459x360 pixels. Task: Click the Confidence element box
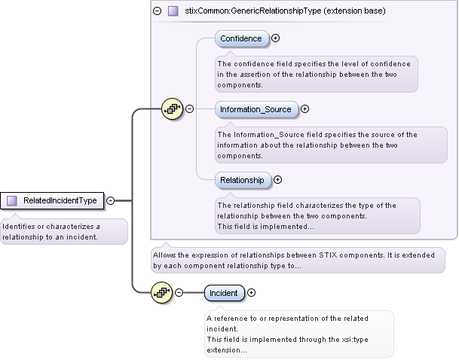[241, 38]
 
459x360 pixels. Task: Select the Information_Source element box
[256, 109]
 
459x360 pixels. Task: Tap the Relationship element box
[242, 180]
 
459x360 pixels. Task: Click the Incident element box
[223, 293]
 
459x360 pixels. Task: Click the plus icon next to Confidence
[276, 38]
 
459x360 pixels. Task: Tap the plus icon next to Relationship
[277, 180]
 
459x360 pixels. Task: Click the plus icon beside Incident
[252, 293]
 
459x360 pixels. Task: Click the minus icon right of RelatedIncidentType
[111, 200]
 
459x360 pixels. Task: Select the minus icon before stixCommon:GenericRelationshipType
[157, 11]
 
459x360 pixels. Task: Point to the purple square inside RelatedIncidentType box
[12, 201]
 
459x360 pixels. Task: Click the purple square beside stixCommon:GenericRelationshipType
[173, 11]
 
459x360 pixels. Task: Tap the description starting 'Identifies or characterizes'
[63, 231]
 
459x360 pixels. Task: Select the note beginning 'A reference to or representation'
[298, 334]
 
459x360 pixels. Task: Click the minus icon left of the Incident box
[179, 293]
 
